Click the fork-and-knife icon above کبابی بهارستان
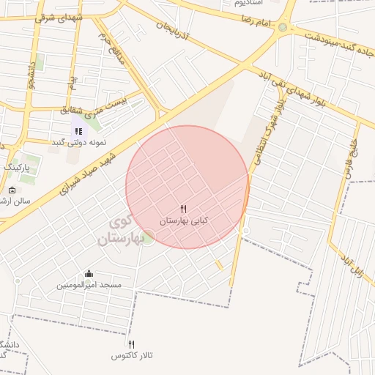(x=184, y=209)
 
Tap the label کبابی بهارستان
(x=185, y=220)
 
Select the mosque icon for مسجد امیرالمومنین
(x=89, y=274)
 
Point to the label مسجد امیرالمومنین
(x=89, y=285)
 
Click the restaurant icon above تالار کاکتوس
(x=132, y=344)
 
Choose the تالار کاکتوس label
(x=132, y=355)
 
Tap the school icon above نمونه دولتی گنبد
(x=78, y=131)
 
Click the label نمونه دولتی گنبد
(x=78, y=142)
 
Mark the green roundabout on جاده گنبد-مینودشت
(x=283, y=27)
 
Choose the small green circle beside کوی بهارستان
(x=148, y=237)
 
